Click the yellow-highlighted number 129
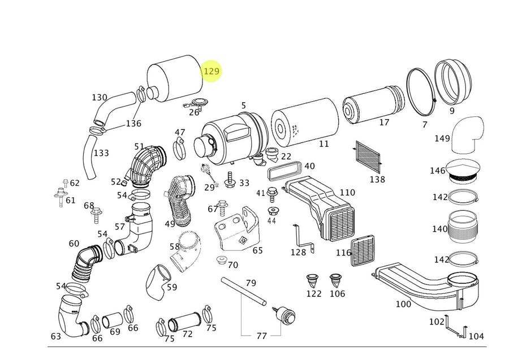tap(211, 71)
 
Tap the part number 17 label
tap(384, 123)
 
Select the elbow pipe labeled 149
tap(468, 135)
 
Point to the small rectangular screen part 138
tap(368, 157)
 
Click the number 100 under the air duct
tap(403, 305)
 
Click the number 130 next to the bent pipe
tap(100, 98)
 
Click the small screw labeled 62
tap(66, 183)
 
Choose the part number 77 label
tap(261, 336)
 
